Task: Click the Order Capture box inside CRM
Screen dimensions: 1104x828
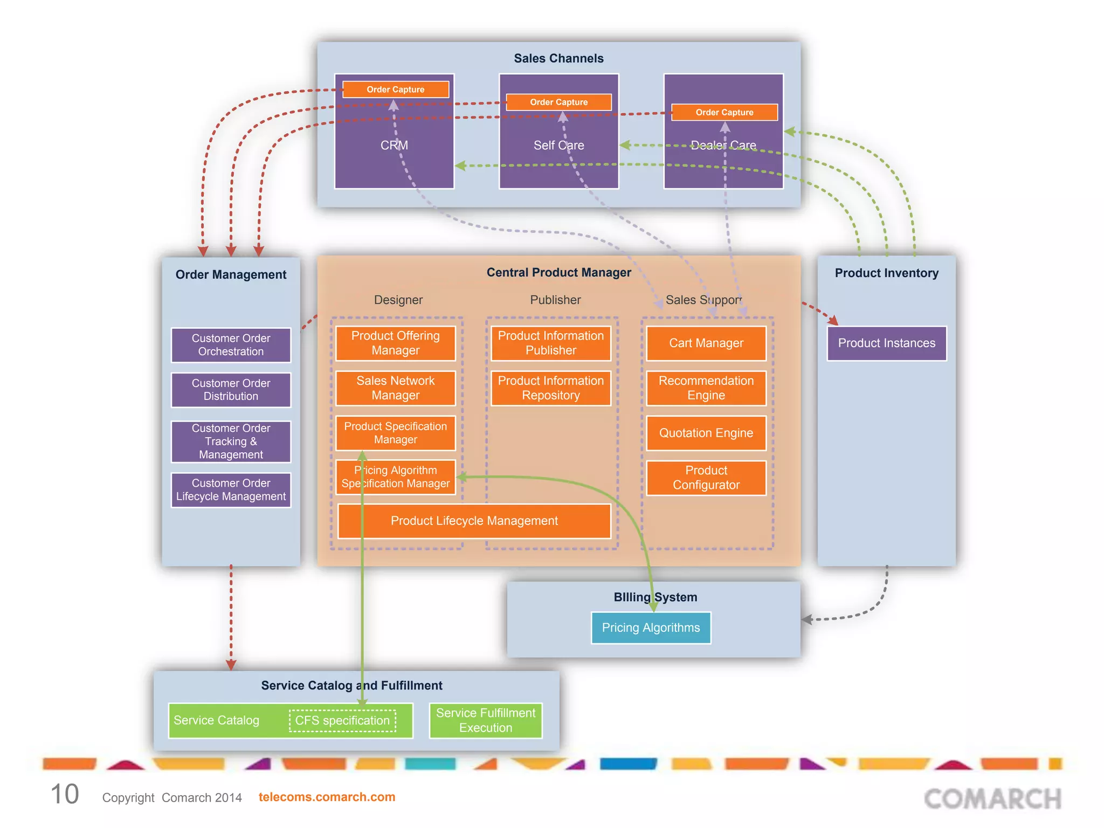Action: [396, 89]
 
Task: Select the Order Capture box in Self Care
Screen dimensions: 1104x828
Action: [559, 102]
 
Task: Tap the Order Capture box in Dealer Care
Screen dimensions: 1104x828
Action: [724, 112]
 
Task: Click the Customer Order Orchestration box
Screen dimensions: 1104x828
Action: [231, 345]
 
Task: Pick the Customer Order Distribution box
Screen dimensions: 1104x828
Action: [231, 390]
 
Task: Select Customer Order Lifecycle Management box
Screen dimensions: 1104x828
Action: [231, 490]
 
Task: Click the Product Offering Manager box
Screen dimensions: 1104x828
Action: [396, 343]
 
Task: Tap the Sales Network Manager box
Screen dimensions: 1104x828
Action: [396, 388]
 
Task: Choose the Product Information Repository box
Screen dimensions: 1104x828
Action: [551, 388]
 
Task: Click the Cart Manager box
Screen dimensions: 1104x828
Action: [706, 343]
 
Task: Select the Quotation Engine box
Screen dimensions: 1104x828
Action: [706, 433]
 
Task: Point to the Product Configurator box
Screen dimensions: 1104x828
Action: [706, 478]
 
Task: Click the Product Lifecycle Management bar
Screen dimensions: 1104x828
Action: [474, 521]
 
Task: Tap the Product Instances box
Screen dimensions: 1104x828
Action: [887, 343]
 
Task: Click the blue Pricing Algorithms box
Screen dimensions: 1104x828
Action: [651, 628]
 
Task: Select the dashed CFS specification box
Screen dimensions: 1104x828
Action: [342, 721]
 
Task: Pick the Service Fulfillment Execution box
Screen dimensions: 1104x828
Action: [486, 721]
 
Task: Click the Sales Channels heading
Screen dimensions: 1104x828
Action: [559, 58]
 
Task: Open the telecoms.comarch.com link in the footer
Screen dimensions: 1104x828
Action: [327, 797]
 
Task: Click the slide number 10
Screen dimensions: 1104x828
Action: [65, 795]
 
